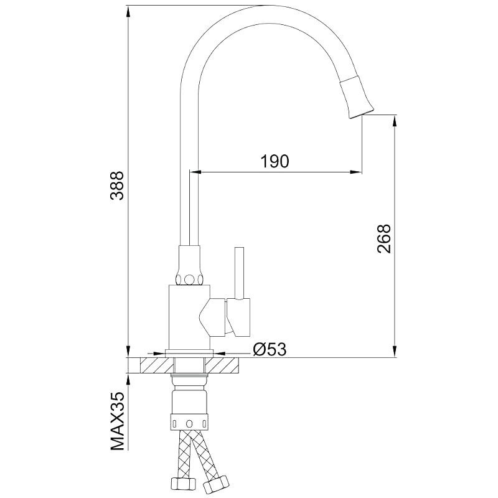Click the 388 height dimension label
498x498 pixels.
(x=117, y=186)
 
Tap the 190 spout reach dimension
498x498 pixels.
(x=275, y=161)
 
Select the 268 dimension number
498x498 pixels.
(x=383, y=238)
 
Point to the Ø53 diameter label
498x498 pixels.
(x=270, y=349)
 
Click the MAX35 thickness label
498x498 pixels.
(x=117, y=421)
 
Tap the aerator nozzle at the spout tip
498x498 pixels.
(x=357, y=98)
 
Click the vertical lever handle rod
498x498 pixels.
(x=239, y=273)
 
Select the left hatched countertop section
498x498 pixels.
(x=157, y=365)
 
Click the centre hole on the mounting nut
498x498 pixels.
(x=189, y=424)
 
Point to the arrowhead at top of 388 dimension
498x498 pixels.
(x=128, y=12)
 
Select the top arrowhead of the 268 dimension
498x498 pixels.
(x=395, y=121)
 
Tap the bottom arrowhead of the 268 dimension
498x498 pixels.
(x=395, y=351)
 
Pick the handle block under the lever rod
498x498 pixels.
(x=238, y=317)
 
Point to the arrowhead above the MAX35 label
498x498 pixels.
(x=128, y=380)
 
